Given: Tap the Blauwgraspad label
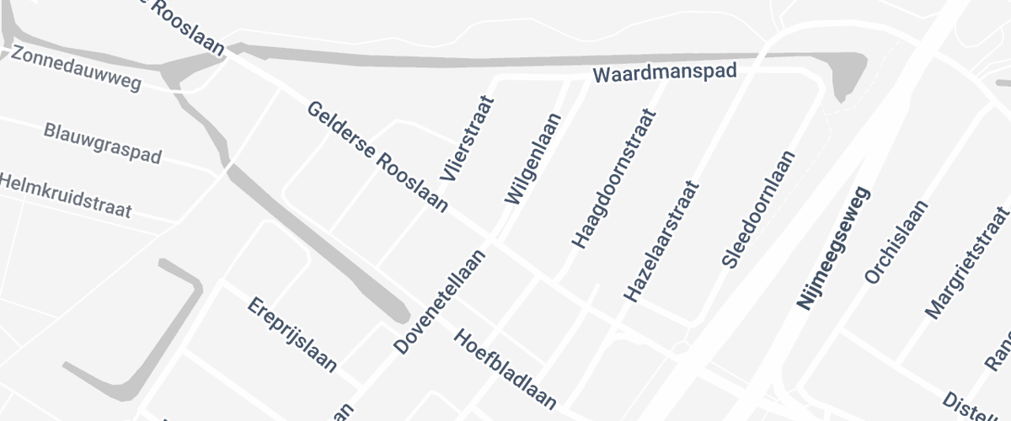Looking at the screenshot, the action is [102, 143].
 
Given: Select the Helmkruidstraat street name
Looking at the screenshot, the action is [66, 195].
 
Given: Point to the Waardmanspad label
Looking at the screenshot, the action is [665, 73].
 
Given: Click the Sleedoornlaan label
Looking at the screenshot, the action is [758, 209].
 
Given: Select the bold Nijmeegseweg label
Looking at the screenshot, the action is [832, 249].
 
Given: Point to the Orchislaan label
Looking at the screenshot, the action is [896, 242].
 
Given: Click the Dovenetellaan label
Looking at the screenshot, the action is [441, 301].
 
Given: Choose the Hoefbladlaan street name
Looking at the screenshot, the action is [505, 369].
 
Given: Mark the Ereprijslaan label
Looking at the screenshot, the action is [292, 334].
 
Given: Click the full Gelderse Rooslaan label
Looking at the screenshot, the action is [377, 157].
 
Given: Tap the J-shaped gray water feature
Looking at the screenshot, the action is [135, 354].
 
